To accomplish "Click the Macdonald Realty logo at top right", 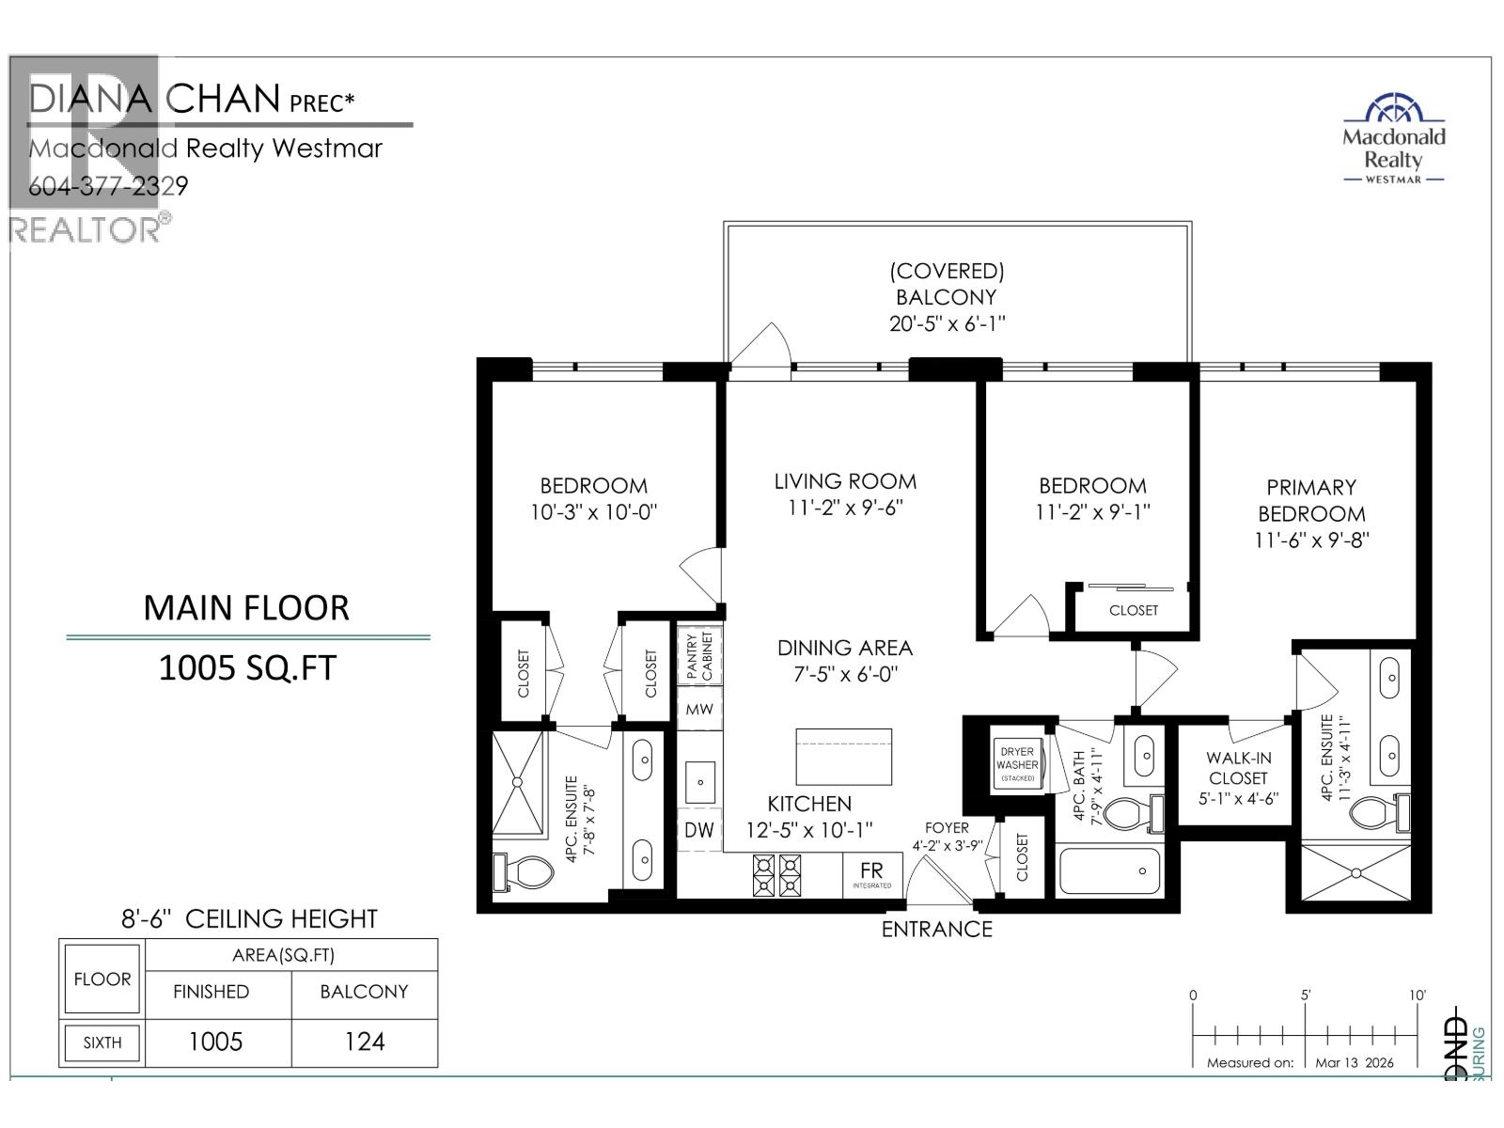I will point(1393,139).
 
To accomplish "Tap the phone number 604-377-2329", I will point(108,186).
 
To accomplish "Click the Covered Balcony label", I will point(947,296).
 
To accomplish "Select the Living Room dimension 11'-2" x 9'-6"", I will point(845,509).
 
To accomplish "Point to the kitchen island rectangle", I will point(843,756).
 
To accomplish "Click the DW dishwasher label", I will point(698,830).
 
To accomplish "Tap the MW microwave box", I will point(699,710).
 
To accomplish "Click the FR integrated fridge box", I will point(871,873).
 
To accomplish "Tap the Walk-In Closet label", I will point(1238,778).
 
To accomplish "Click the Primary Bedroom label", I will point(1310,500).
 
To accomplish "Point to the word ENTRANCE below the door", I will point(936,930).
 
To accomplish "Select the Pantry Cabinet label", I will point(699,655).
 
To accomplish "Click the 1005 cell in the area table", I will point(215,1042).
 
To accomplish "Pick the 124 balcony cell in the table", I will point(364,1042).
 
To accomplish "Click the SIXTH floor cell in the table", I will point(102,1042).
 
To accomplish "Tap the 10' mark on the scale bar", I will point(1418,996).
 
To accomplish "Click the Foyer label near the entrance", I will point(946,828).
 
